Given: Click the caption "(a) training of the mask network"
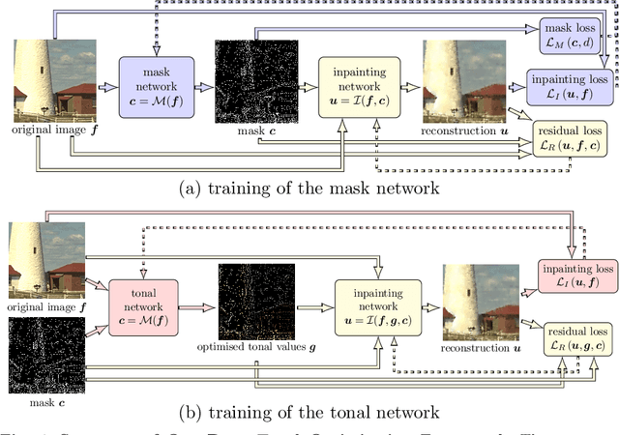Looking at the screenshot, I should click(x=309, y=188).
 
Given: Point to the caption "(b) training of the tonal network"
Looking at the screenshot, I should click(x=309, y=413).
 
